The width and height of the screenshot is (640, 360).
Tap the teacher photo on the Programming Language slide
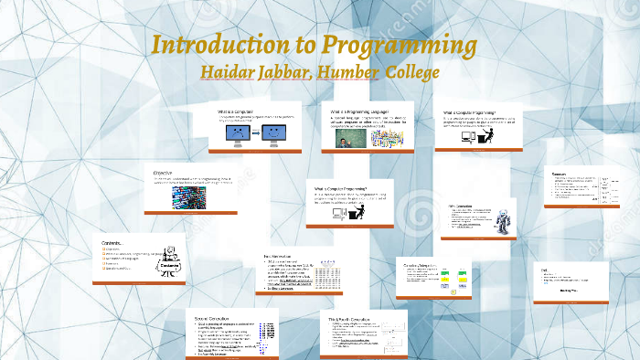point(348,137)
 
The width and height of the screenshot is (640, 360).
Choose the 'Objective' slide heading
point(164,172)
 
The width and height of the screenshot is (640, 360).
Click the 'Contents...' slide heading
point(115,243)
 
